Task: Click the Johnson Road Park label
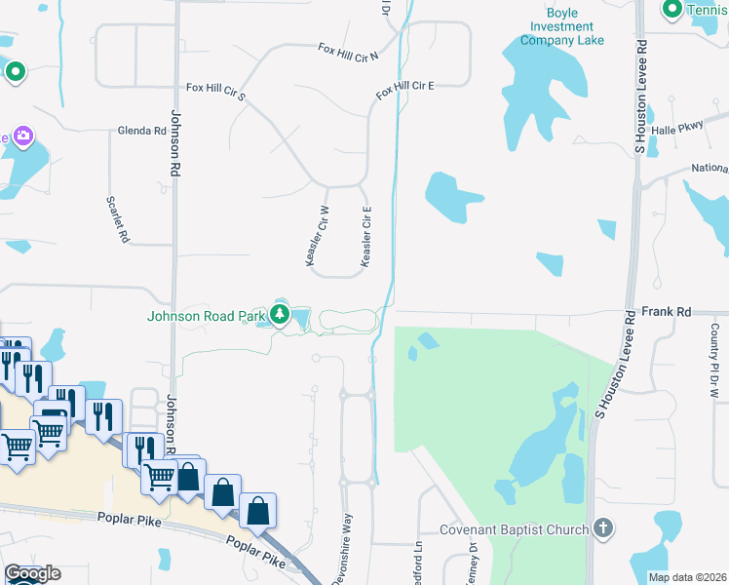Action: (x=206, y=315)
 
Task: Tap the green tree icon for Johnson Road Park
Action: (x=281, y=314)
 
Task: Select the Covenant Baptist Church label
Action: (x=514, y=529)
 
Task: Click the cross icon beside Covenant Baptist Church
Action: (x=603, y=529)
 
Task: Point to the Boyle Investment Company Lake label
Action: (x=561, y=26)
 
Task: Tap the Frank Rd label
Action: (x=667, y=312)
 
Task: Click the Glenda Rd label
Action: (x=141, y=131)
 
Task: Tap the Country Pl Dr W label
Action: (x=714, y=361)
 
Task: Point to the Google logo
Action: (x=32, y=573)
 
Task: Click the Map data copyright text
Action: (x=688, y=577)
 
